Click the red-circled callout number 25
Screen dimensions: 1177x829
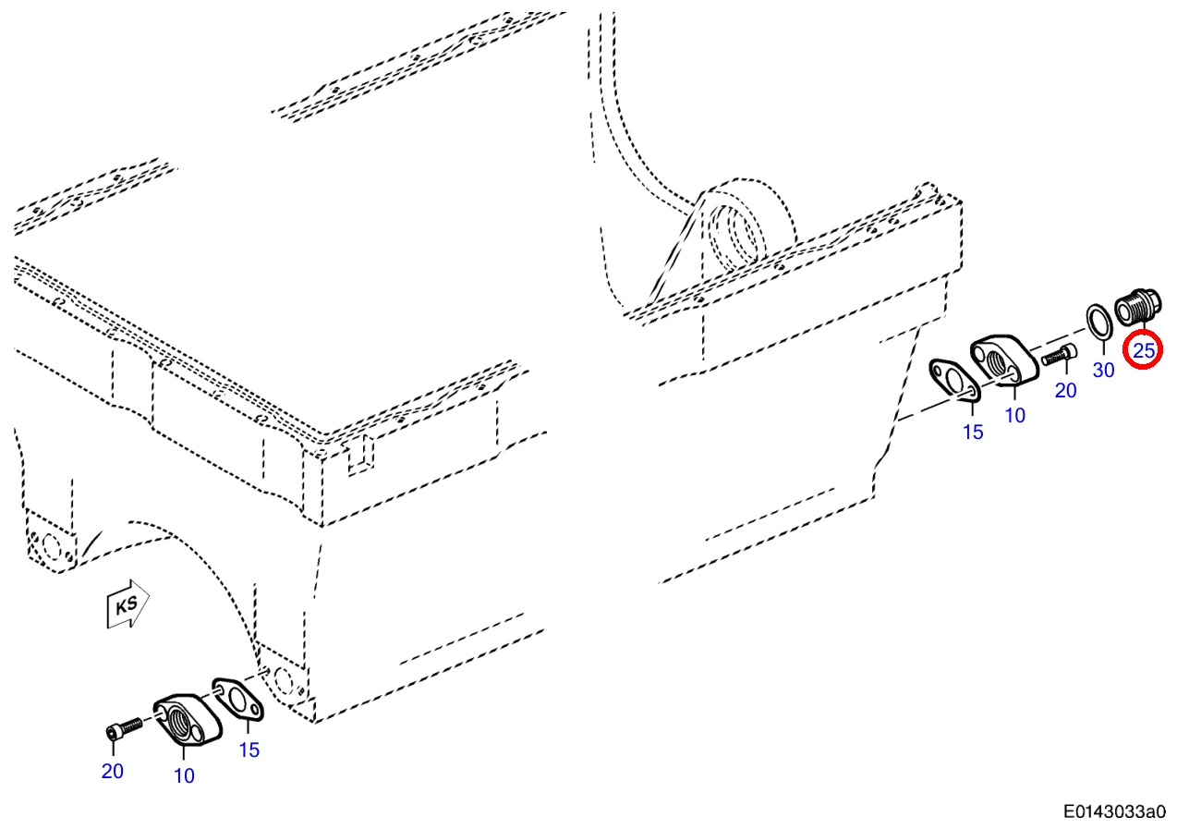coord(1143,350)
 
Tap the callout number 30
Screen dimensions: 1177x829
coord(1103,370)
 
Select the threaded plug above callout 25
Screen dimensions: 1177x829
coord(1137,307)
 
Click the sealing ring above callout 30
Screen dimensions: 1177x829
coord(1099,322)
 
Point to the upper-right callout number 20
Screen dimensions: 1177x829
coord(1065,390)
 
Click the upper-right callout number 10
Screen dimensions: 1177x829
coord(1015,415)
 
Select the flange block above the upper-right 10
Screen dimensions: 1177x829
coord(1004,360)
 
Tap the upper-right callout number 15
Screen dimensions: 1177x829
coord(973,433)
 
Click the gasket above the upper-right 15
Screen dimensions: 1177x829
coord(954,381)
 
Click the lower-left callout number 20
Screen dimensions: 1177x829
coord(113,771)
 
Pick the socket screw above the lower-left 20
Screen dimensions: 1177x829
coord(124,728)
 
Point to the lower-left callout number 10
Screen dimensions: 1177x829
coord(184,776)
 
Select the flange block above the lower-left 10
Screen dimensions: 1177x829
coord(188,720)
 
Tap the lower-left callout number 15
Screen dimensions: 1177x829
coord(249,750)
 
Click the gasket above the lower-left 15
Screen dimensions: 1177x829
coord(237,700)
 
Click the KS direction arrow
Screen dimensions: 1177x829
coord(127,604)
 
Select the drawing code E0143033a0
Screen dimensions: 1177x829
coord(1114,811)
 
